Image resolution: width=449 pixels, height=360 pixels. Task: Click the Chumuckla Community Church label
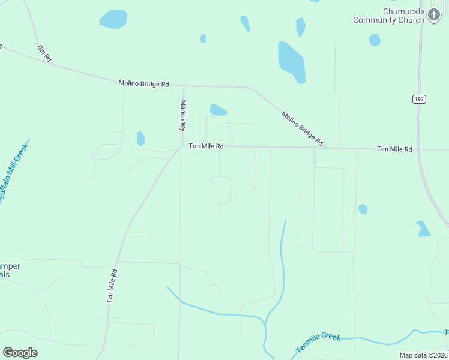click(388, 16)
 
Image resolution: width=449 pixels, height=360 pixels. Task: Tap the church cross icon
click(434, 16)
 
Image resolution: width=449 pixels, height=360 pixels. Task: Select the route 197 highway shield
click(419, 99)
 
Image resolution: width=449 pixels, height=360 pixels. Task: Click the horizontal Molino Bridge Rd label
click(143, 84)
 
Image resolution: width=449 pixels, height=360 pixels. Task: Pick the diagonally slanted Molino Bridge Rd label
click(303, 128)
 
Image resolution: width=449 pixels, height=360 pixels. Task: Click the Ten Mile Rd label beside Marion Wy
click(206, 146)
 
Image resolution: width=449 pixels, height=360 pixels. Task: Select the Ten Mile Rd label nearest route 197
click(394, 149)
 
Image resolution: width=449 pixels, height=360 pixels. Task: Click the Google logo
click(20, 353)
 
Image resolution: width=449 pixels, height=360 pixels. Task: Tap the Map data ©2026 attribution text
click(423, 355)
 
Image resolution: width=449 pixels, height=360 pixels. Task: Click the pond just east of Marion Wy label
click(217, 110)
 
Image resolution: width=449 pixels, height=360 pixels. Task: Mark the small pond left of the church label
click(375, 40)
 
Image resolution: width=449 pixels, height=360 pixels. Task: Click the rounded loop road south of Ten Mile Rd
click(220, 190)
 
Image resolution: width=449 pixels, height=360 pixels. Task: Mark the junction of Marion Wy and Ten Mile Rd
click(182, 145)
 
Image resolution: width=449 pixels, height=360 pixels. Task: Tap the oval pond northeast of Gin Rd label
click(113, 19)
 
